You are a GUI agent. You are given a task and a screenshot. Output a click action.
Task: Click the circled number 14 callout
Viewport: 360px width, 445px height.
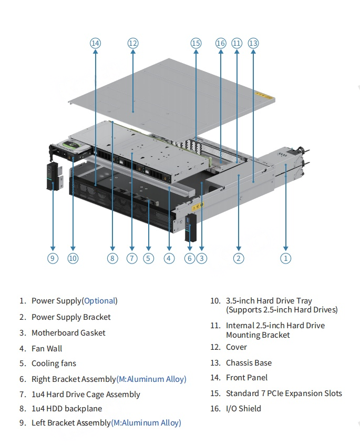pyautogui.click(x=95, y=43)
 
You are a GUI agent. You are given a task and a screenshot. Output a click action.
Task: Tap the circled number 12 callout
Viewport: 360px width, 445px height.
pyautogui.click(x=132, y=43)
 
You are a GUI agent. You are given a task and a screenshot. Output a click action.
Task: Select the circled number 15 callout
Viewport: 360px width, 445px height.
pyautogui.click(x=196, y=43)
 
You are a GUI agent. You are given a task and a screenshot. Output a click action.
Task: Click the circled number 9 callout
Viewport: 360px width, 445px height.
pyautogui.click(x=53, y=258)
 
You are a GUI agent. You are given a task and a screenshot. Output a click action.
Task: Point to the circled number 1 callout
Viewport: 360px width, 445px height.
pyautogui.click(x=285, y=258)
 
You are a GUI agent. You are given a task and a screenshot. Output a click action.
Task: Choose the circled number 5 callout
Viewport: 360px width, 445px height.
pyautogui.click(x=149, y=258)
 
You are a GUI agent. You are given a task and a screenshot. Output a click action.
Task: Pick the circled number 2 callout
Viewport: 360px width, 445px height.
pyautogui.click(x=239, y=258)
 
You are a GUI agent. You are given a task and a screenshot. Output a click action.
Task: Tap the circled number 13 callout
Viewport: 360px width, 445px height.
pyautogui.click(x=253, y=43)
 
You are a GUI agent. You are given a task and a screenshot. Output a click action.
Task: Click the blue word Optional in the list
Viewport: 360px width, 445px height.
pyautogui.click(x=99, y=301)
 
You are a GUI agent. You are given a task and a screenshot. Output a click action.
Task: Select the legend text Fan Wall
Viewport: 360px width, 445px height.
pyautogui.click(x=47, y=348)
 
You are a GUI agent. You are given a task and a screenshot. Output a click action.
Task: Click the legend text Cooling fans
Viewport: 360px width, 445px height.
pyautogui.click(x=54, y=363)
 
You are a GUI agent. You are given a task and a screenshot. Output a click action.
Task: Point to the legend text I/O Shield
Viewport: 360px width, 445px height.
pyautogui.click(x=243, y=409)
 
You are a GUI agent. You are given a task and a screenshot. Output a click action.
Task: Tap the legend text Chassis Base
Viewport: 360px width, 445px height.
pyautogui.click(x=249, y=363)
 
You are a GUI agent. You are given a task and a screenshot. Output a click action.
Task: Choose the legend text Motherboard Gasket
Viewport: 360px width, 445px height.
pyautogui.click(x=68, y=333)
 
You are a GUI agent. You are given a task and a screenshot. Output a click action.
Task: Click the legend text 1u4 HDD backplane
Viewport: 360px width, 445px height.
pyautogui.click(x=67, y=409)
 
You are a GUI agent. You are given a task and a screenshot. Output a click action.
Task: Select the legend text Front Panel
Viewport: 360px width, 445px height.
pyautogui.click(x=246, y=378)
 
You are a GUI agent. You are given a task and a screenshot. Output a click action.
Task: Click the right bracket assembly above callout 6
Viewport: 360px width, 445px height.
pyautogui.click(x=190, y=227)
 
